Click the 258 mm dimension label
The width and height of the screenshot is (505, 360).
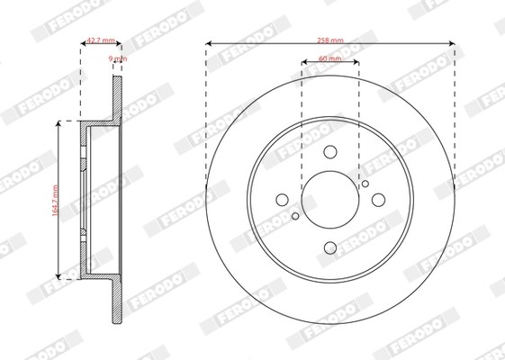click(x=329, y=40)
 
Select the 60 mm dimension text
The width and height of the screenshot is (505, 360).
click(x=329, y=59)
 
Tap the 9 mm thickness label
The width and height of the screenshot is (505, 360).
click(x=117, y=58)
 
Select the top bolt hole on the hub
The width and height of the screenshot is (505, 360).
click(x=329, y=152)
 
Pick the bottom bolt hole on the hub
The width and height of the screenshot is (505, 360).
click(x=329, y=246)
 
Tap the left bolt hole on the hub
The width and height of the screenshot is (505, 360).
click(x=284, y=199)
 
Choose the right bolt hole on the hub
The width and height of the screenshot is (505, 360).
click(x=375, y=199)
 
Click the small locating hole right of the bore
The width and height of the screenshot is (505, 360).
click(x=365, y=184)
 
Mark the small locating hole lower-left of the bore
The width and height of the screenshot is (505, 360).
click(x=295, y=215)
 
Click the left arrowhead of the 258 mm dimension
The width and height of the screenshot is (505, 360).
click(x=209, y=43)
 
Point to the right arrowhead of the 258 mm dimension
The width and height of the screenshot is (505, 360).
click(x=451, y=43)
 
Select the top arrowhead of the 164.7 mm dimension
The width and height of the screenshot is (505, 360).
click(x=60, y=125)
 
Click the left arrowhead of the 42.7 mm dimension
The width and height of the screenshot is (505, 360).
click(x=83, y=43)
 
